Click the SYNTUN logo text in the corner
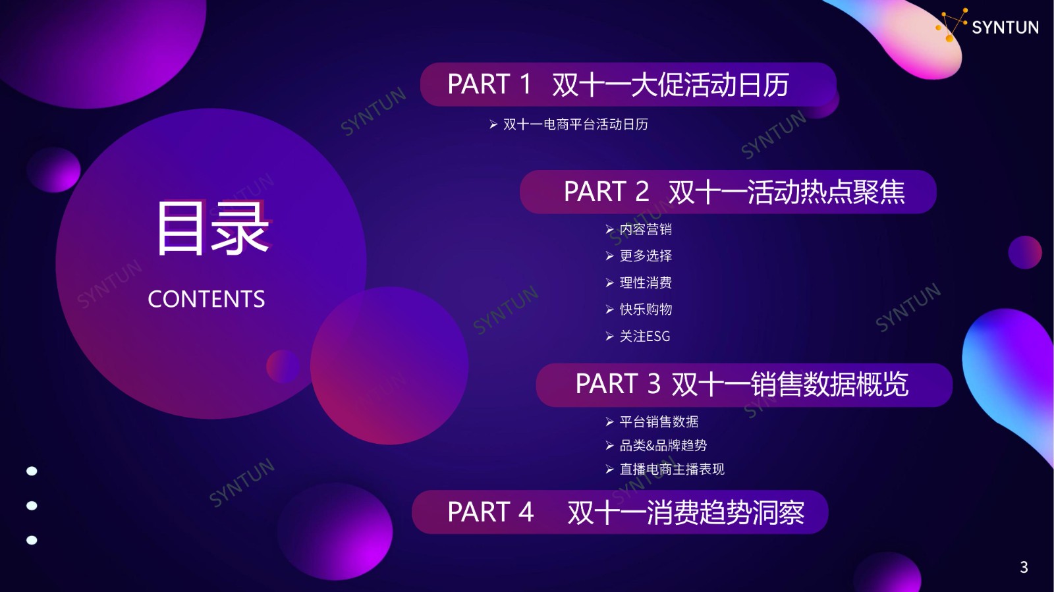click(x=1005, y=27)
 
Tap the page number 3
click(x=1024, y=567)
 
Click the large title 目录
click(x=213, y=228)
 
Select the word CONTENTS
click(x=206, y=299)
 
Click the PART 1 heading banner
click(x=628, y=85)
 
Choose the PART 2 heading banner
click(x=728, y=192)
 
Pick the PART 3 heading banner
click(x=744, y=385)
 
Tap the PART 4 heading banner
click(x=620, y=512)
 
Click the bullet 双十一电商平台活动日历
click(x=576, y=124)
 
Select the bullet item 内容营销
click(x=646, y=229)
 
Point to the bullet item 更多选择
click(x=646, y=256)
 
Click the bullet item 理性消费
click(x=646, y=283)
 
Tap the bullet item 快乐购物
click(x=646, y=309)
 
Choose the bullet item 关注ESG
click(x=645, y=336)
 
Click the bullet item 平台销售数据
click(x=659, y=422)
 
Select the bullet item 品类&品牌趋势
click(x=663, y=445)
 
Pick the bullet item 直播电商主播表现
click(x=672, y=470)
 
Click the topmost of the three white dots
click(x=32, y=471)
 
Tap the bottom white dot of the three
click(x=32, y=540)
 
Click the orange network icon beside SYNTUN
click(x=951, y=25)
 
